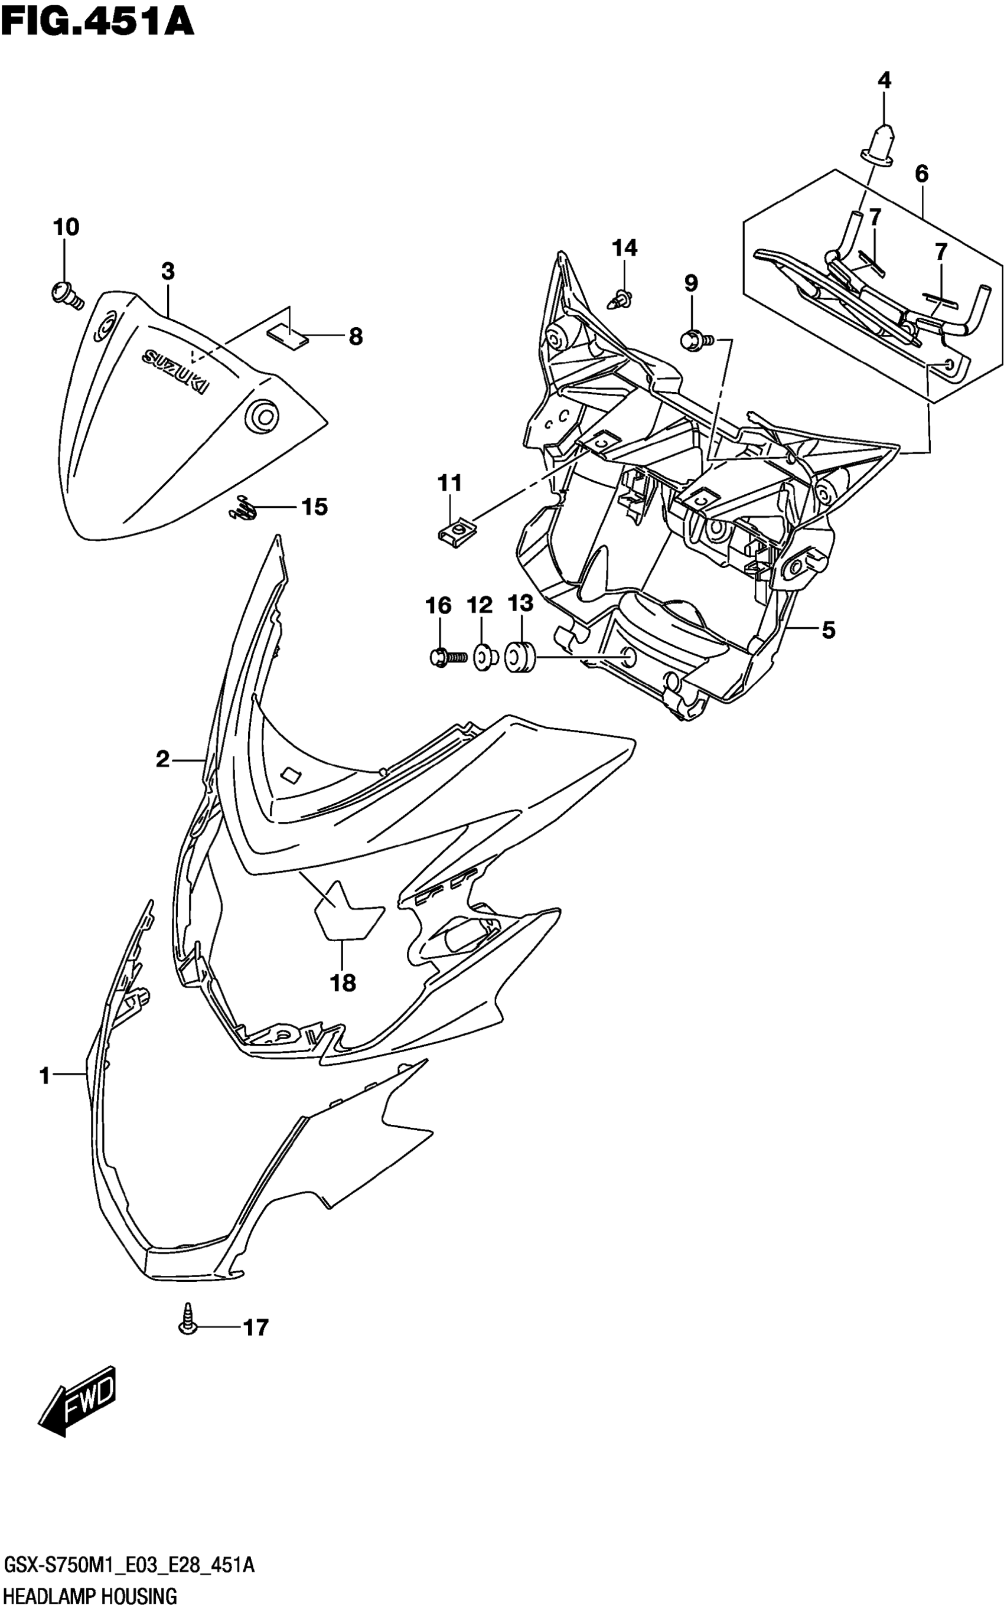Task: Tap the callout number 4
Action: (x=884, y=81)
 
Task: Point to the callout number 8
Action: (x=356, y=337)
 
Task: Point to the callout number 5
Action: (x=828, y=629)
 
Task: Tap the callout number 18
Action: (x=343, y=983)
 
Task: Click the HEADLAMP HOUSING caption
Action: (x=90, y=1596)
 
